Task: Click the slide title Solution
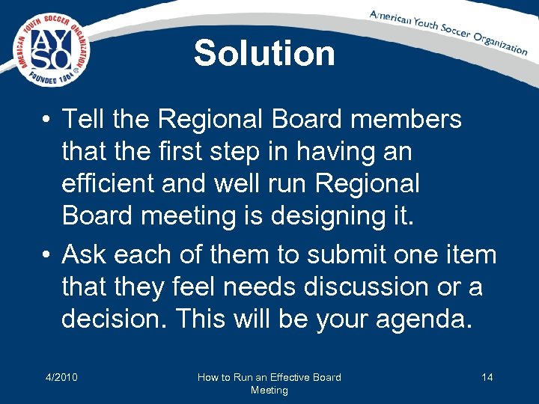pyautogui.click(x=264, y=54)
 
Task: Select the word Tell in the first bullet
pyautogui.click(x=83, y=119)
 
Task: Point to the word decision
pyautogui.click(x=113, y=319)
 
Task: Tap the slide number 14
pyautogui.click(x=487, y=377)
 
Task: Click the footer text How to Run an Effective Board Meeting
pyautogui.click(x=269, y=383)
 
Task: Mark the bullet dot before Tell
pyautogui.click(x=47, y=120)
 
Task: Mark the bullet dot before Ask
pyautogui.click(x=47, y=255)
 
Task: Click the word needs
pyautogui.click(x=255, y=287)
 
